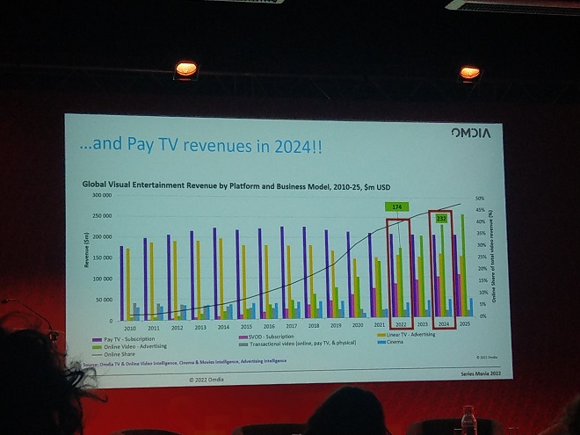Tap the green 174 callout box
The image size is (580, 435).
(397, 206)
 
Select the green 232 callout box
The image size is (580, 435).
(441, 218)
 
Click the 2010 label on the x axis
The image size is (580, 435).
(130, 327)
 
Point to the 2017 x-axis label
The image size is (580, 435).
(287, 326)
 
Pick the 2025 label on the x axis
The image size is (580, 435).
(465, 324)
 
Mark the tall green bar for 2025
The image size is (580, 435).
(462, 264)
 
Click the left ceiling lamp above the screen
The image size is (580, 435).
(185, 69)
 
